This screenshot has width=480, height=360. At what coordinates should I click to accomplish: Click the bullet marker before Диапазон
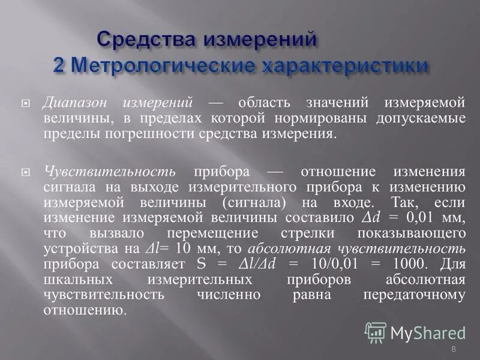click(25, 103)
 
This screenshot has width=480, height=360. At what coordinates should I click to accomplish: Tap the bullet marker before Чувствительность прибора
click(25, 171)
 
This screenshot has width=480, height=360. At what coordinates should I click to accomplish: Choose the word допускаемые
click(419, 117)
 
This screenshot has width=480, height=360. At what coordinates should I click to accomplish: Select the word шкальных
click(71, 280)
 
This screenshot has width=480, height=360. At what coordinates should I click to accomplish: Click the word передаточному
click(414, 295)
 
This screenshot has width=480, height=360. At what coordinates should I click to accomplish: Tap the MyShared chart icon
click(376, 332)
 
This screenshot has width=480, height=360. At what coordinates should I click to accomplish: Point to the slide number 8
click(453, 349)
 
